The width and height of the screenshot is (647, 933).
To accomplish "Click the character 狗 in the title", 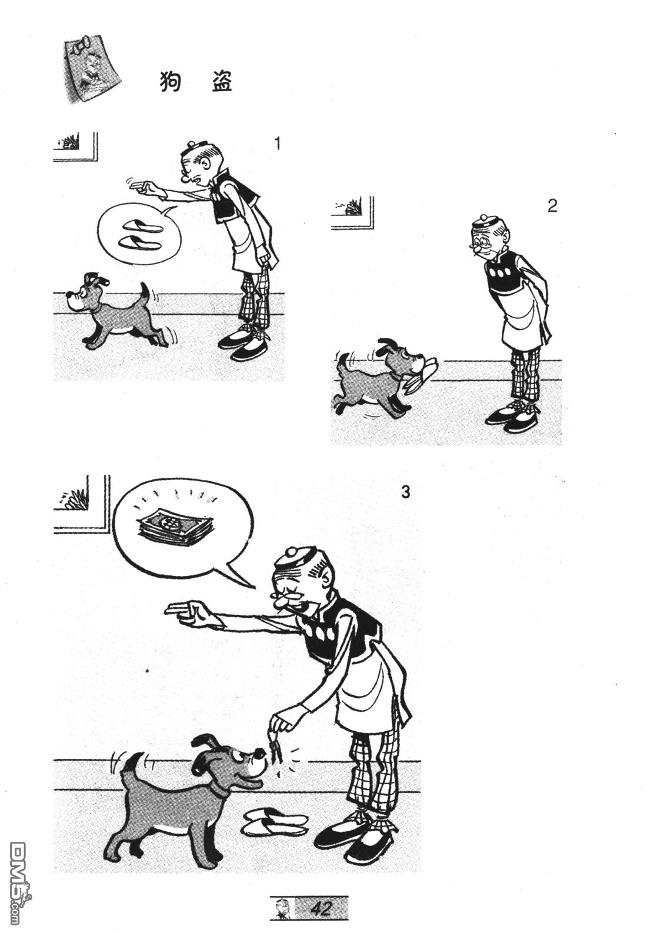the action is click(171, 82).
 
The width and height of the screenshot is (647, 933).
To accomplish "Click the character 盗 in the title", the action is click(221, 82).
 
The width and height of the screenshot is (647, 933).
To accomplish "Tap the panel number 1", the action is click(277, 144).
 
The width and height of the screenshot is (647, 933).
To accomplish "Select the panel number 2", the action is click(552, 206).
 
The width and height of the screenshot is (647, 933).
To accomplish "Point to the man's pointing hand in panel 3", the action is click(188, 613).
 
